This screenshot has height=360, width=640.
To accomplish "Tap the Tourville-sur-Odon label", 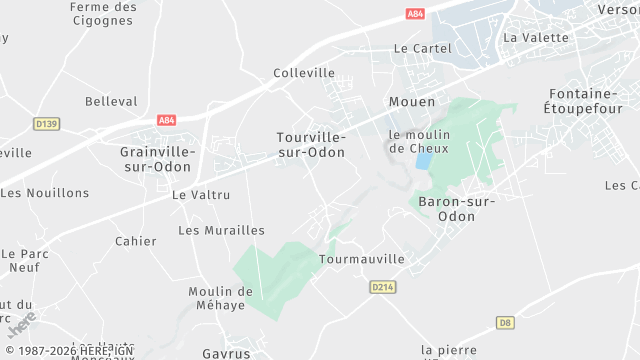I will (311, 144).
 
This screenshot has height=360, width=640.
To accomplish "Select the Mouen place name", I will (411, 102).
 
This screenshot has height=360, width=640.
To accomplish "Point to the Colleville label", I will (304, 73).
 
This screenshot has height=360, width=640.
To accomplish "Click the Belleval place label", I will (111, 102).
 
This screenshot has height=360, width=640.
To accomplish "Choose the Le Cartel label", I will (416, 48).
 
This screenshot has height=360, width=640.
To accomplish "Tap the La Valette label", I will (536, 38).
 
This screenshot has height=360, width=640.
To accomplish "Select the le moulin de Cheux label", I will (419, 141).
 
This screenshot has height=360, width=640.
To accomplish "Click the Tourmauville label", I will (361, 259).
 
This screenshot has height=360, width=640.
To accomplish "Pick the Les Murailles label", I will (221, 230).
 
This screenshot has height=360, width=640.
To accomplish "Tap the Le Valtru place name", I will (201, 195).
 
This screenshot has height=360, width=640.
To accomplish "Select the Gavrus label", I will (226, 354).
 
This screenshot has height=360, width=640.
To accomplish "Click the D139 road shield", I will (46, 124).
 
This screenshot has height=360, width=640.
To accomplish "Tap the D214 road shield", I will (382, 287).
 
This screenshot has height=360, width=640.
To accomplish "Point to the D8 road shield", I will (506, 323).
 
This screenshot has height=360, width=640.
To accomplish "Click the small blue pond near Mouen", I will (424, 160).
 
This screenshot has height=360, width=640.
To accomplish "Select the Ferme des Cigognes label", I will (104, 13).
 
